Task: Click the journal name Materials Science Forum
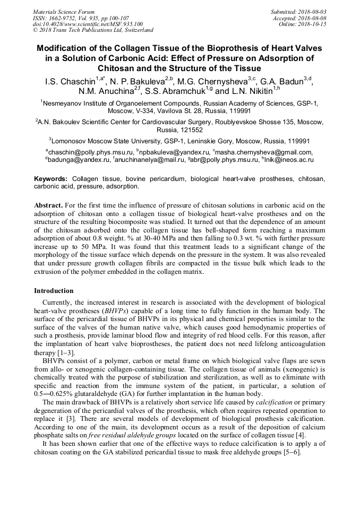(64, 11)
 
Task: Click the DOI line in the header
(88, 24)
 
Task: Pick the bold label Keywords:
(51, 179)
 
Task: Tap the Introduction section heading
(54, 291)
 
